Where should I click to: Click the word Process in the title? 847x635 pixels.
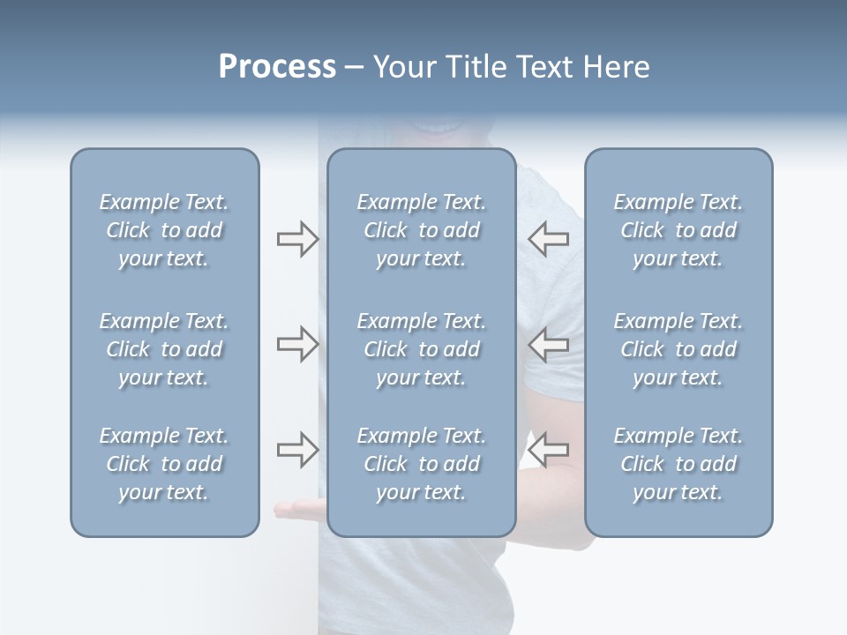277,67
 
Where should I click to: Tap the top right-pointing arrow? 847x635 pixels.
297,238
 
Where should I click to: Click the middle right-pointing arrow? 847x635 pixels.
297,344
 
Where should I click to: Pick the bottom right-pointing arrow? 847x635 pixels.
297,450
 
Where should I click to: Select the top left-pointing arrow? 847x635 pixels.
549,238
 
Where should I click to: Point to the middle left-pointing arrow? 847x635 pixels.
549,344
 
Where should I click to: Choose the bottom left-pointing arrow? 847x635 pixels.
549,450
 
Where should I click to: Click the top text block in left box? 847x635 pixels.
164,230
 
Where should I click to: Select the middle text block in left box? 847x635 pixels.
164,349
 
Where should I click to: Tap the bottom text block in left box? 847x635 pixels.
164,464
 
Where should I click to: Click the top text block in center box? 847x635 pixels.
421,230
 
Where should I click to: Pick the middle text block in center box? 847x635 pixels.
421,349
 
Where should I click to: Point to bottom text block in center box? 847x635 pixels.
421,464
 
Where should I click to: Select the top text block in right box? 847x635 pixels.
678,230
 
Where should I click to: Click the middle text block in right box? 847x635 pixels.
678,349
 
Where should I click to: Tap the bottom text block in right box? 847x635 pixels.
678,464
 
